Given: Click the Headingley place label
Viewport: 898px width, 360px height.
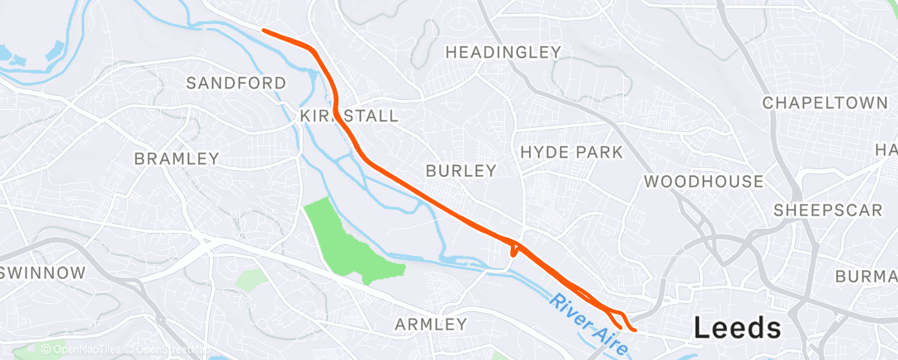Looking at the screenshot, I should coord(503,52).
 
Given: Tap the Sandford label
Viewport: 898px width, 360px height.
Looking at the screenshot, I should coord(236,83).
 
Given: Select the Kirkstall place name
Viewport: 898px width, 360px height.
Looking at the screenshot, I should coord(349,115).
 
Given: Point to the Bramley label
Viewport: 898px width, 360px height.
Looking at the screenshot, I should coord(177,158).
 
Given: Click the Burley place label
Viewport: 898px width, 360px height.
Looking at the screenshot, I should coord(461,171).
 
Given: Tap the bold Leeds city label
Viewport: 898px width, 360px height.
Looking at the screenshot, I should coord(738,328).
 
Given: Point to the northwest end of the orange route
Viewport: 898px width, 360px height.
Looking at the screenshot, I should coord(263,31).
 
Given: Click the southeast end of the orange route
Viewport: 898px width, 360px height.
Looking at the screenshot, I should coord(635,330).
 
